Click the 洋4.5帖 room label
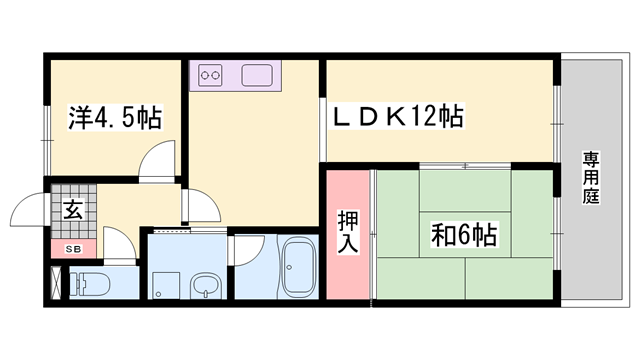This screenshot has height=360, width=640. [x=115, y=118]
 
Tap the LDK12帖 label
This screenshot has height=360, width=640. [x=398, y=116]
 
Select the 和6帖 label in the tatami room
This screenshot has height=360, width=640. [x=464, y=235]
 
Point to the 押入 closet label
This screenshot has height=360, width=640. [x=348, y=232]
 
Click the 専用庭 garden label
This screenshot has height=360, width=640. [x=591, y=178]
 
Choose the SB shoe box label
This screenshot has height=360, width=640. [x=74, y=249]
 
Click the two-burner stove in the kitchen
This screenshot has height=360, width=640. [x=210, y=75]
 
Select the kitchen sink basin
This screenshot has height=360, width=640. [x=257, y=75]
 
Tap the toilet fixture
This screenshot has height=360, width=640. [x=90, y=283]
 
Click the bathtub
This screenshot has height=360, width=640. [x=298, y=267]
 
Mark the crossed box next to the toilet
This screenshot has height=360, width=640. [x=56, y=283]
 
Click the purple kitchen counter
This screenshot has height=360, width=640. [x=235, y=76]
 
